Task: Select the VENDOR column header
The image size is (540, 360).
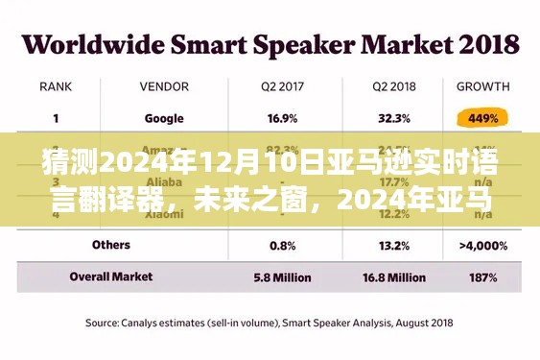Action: pos(165,86)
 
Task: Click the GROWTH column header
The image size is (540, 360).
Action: pos(482,86)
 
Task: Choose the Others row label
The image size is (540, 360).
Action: pos(111,246)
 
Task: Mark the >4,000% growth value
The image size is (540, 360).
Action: pos(482,246)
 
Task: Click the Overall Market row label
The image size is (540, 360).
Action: pos(112,276)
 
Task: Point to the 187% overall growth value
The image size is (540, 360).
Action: pos(482,276)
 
